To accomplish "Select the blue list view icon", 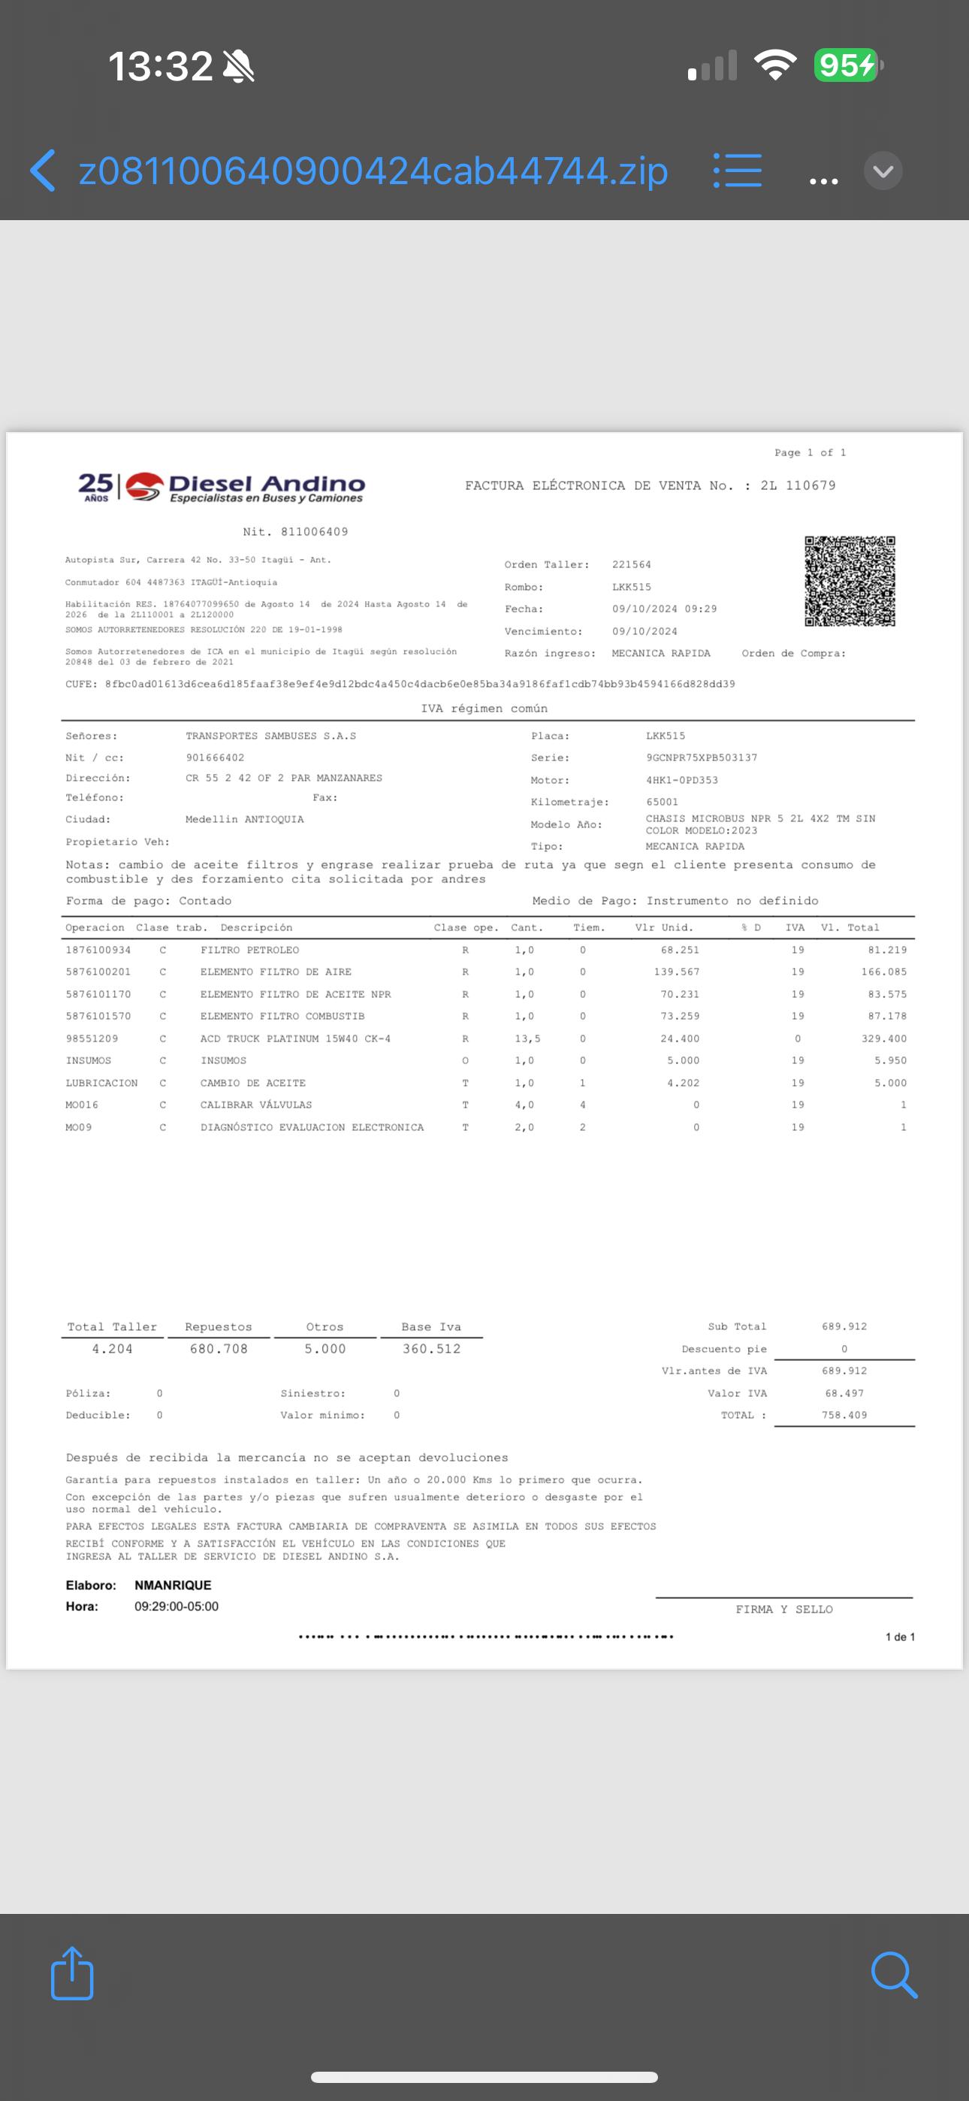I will click(x=738, y=171).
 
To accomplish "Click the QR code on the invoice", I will click(x=849, y=581).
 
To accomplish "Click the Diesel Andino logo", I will click(x=222, y=487).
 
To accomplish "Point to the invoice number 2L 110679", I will click(x=798, y=485).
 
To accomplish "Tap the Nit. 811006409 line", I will click(x=295, y=532).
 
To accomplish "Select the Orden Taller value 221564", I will click(x=631, y=564).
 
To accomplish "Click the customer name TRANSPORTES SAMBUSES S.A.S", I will click(x=271, y=736).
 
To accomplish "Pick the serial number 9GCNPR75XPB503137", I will click(x=702, y=757).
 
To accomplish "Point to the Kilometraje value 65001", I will click(x=662, y=802).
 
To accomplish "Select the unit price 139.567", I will click(x=676, y=972).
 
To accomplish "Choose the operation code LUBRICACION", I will click(x=102, y=1083).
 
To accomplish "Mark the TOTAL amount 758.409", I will click(x=844, y=1415).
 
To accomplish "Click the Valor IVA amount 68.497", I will click(x=844, y=1393).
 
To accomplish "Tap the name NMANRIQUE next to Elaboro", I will click(x=173, y=1585).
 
